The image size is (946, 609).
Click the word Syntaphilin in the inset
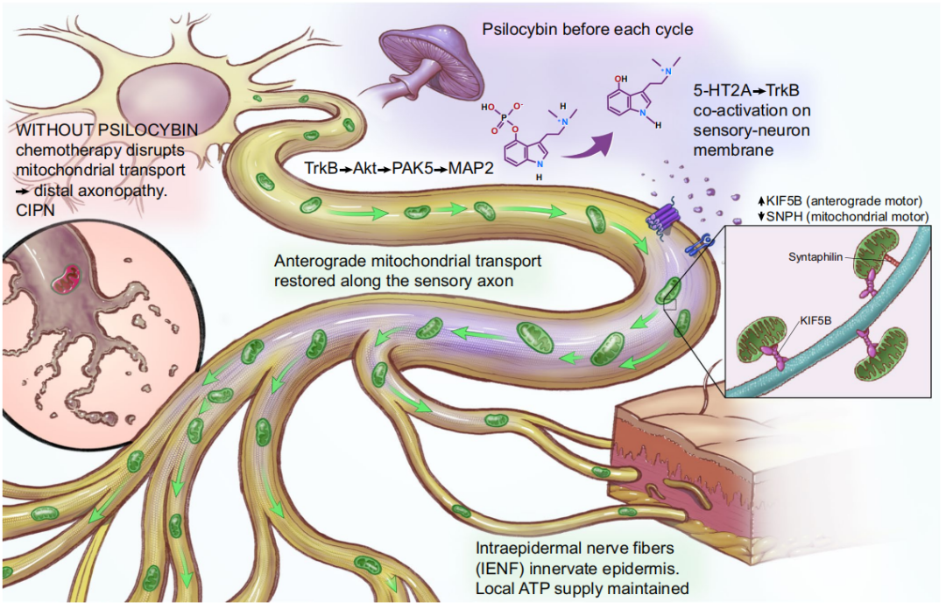pyautogui.click(x=815, y=257)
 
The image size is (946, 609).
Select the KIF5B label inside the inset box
pyautogui.click(x=815, y=320)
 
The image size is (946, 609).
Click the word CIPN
pyautogui.click(x=35, y=210)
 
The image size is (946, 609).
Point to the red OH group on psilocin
pyautogui.click(x=621, y=79)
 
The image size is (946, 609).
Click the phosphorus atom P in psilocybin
pyautogui.click(x=505, y=117)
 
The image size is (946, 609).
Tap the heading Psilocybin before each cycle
pyautogui.click(x=588, y=29)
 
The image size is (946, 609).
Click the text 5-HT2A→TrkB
pyautogui.click(x=746, y=90)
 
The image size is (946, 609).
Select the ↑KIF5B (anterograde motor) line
pyautogui.click(x=840, y=201)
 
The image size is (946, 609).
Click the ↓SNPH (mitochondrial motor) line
pyautogui.click(x=844, y=216)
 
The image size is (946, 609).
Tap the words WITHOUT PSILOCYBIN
pyautogui.click(x=107, y=130)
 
